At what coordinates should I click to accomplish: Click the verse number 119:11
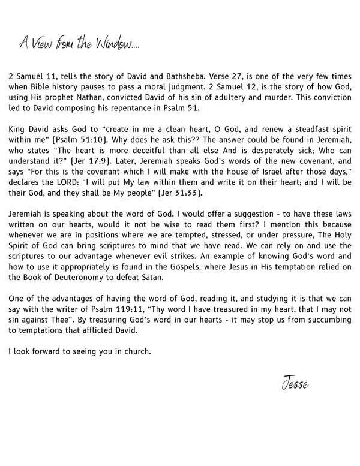(159, 310)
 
